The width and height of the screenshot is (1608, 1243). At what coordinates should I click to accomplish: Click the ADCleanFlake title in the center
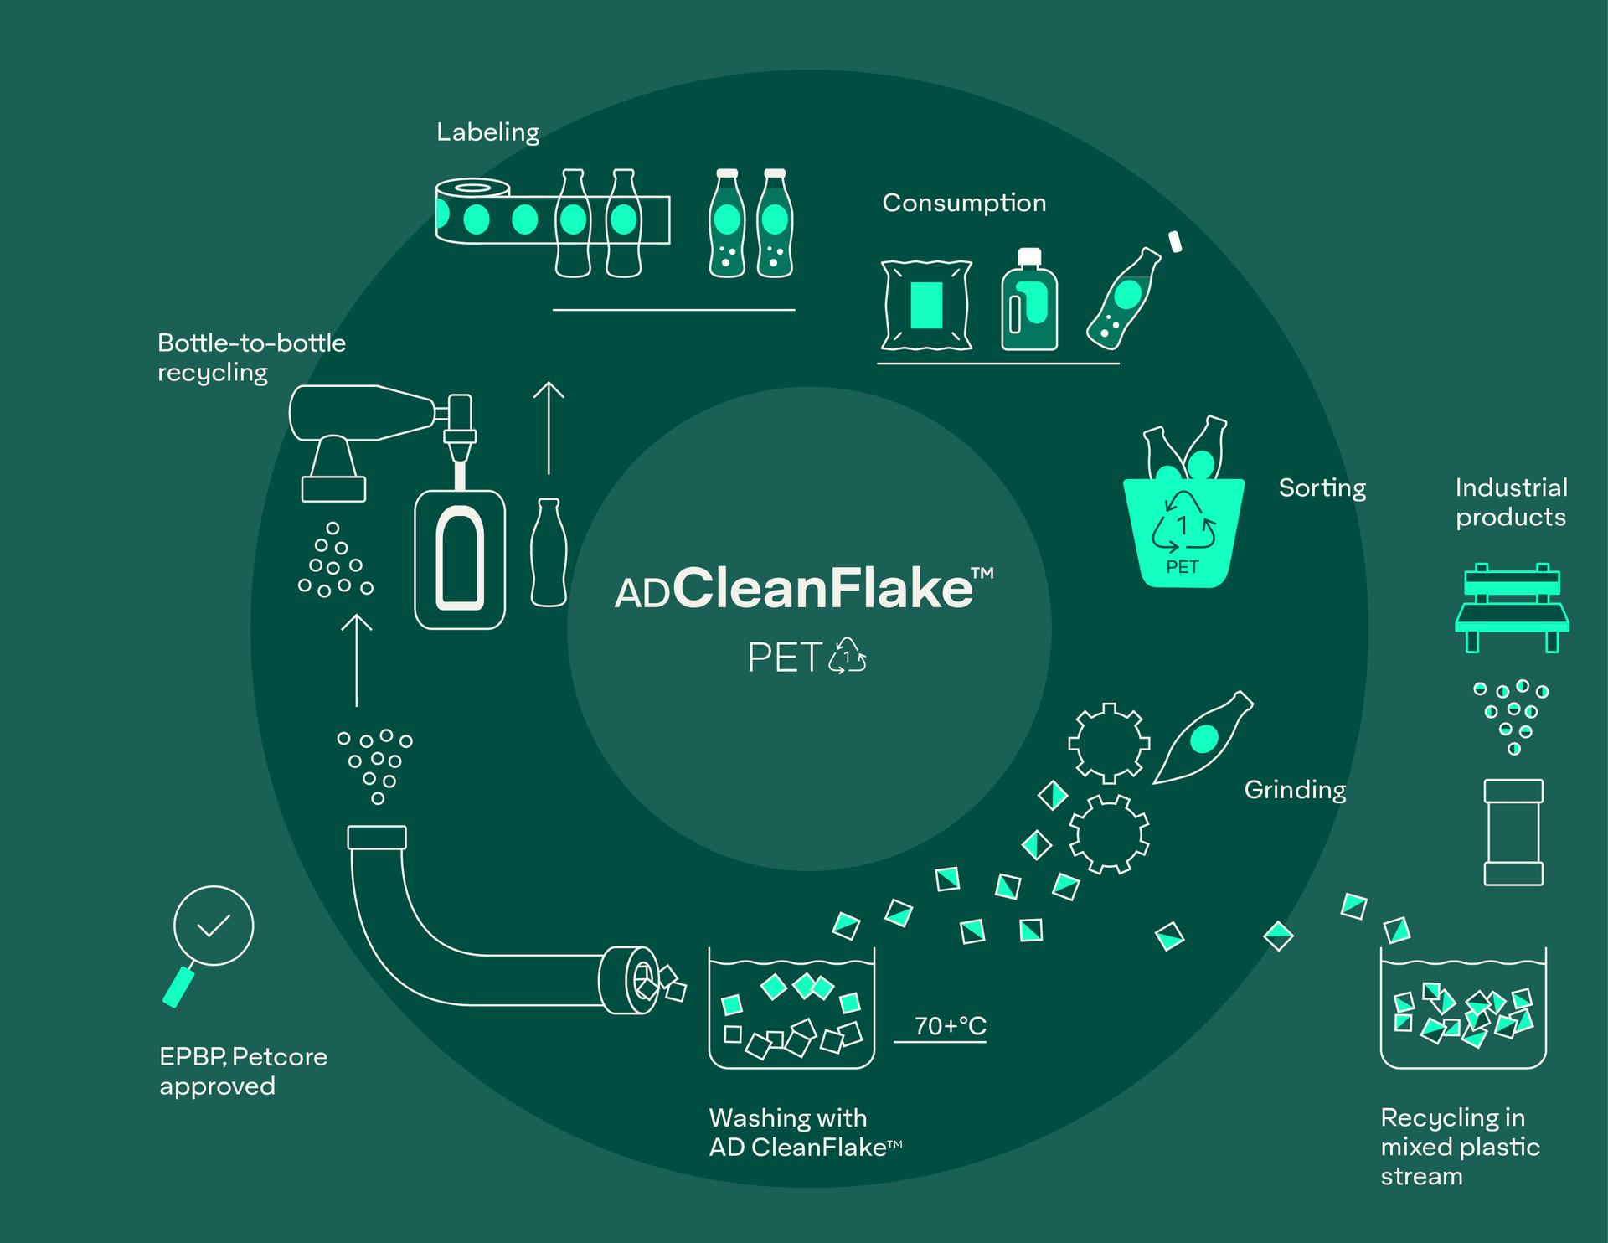(x=804, y=588)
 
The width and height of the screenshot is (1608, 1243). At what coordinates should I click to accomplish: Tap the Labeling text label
(x=488, y=132)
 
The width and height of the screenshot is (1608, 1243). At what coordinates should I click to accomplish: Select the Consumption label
(x=964, y=204)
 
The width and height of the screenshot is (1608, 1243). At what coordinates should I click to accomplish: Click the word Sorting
(x=1322, y=487)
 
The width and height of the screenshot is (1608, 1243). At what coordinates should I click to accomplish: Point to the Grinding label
(x=1295, y=789)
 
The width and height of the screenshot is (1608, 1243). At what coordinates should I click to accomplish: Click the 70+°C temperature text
(x=950, y=1026)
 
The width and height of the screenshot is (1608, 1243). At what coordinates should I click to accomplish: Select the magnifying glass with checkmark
(x=210, y=938)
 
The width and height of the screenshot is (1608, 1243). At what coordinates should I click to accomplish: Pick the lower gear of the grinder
(x=1109, y=834)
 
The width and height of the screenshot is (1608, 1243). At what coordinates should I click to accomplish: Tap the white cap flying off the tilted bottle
(x=1174, y=241)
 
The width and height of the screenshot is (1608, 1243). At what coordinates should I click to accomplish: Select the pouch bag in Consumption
(x=926, y=305)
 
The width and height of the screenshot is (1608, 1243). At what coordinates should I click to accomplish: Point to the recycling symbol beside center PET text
(x=848, y=656)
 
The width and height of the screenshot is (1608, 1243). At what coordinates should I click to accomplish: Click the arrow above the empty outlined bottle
(x=549, y=427)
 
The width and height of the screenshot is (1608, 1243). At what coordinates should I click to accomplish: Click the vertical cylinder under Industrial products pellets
(x=1513, y=832)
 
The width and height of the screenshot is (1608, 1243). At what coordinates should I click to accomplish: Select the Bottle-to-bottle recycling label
(x=251, y=358)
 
